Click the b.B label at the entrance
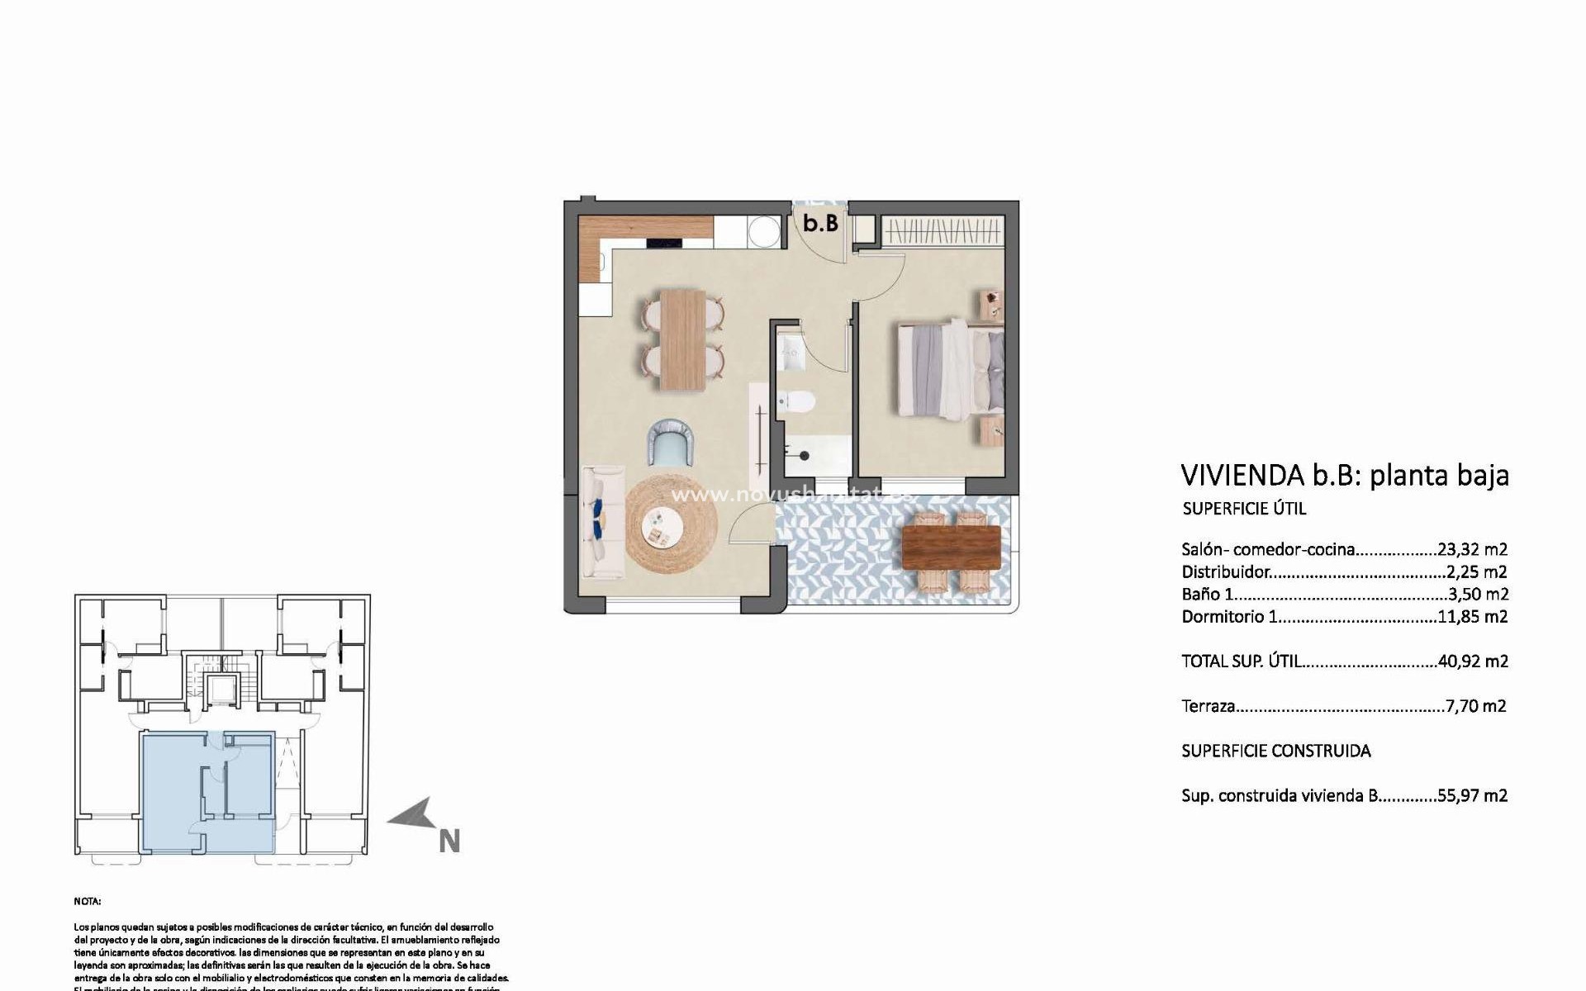coord(821,223)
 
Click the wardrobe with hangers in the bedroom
coord(943,230)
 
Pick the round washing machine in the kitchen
coord(763,231)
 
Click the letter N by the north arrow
coord(449,842)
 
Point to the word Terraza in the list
coord(1208,706)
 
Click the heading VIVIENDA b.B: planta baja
coord(1344,476)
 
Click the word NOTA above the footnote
coord(87,902)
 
